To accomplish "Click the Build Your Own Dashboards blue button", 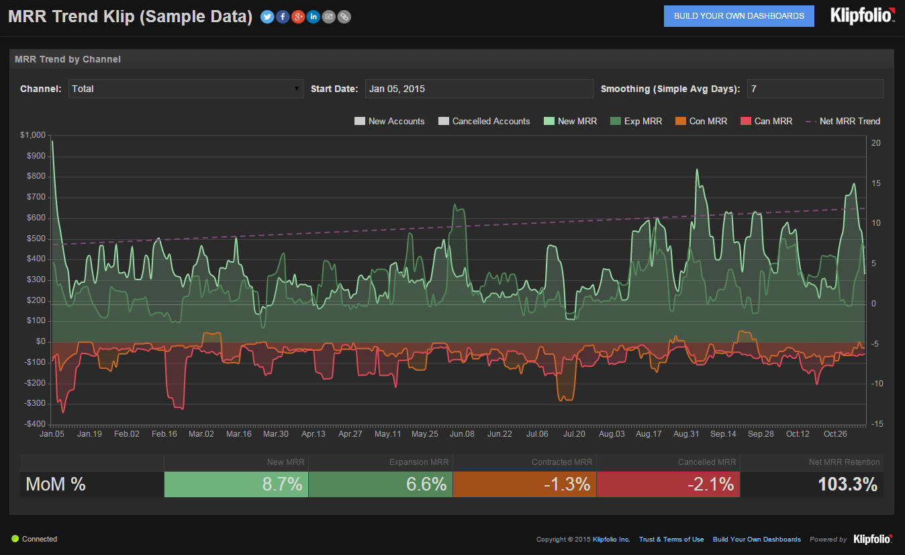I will click(739, 16).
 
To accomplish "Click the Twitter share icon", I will click(267, 17).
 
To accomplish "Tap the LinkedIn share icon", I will click(314, 17).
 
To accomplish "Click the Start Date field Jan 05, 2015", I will click(479, 89).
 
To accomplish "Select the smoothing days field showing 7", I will click(814, 89).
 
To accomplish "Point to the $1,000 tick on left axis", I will click(33, 135).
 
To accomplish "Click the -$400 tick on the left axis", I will click(34, 424).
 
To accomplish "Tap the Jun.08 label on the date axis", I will click(462, 434).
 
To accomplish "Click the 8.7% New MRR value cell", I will click(236, 484).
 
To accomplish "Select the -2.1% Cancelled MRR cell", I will click(668, 484).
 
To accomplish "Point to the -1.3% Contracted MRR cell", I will click(524, 484).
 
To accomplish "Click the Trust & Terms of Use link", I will click(671, 540).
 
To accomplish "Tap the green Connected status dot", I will click(15, 539).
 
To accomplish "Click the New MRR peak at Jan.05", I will click(52, 142).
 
